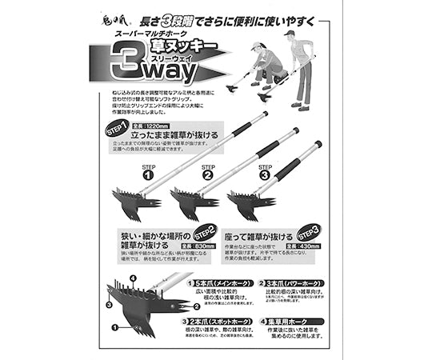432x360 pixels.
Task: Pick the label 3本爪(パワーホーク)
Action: [x=298, y=282]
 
